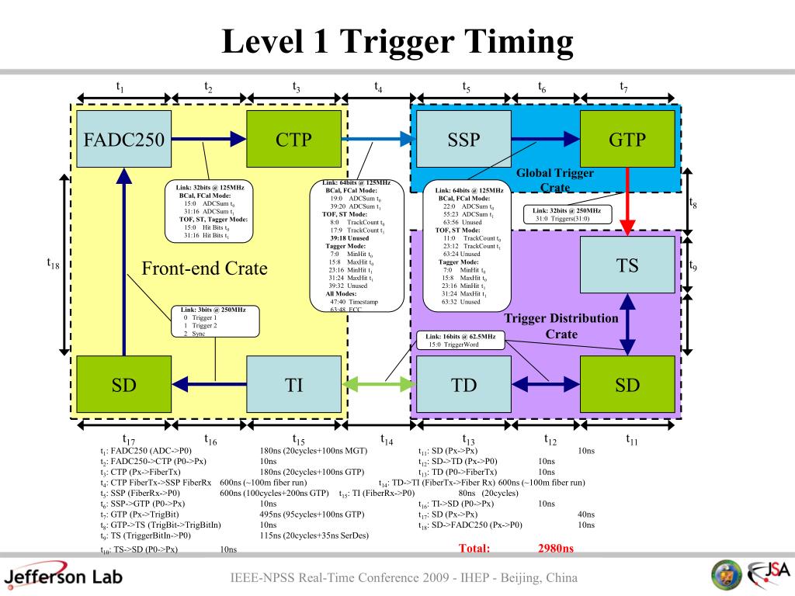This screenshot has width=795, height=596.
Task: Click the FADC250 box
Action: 123,140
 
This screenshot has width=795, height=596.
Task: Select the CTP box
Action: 293,140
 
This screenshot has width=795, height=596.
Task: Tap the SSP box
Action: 463,140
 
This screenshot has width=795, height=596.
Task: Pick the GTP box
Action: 627,140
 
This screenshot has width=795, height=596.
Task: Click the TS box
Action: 627,265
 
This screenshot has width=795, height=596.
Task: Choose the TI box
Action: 293,384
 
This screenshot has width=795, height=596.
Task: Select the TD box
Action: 463,384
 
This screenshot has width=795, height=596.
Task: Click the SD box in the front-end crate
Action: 123,384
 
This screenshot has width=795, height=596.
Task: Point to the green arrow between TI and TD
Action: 378,383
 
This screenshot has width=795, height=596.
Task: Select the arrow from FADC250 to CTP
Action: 208,140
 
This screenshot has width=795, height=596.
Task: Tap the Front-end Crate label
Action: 204,269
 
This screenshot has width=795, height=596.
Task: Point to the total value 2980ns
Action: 555,549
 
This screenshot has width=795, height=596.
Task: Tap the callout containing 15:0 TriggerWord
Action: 461,340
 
